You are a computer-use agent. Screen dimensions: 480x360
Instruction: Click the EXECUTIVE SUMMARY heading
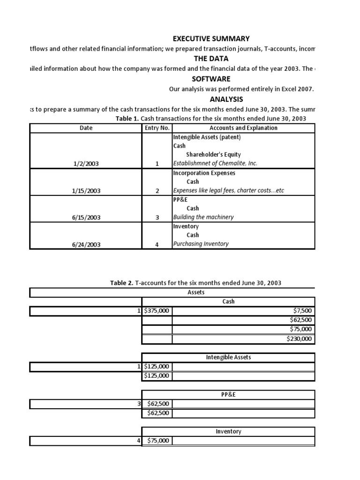pos(211,38)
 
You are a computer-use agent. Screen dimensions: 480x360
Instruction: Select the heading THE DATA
pos(211,59)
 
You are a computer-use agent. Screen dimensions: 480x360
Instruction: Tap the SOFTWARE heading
pos(211,79)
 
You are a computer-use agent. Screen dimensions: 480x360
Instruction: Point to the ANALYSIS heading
pos(211,99)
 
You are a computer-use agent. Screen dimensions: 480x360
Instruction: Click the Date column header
pos(86,128)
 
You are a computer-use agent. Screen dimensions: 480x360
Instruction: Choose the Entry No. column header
pos(157,128)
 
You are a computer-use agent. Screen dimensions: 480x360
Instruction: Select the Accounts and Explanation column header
pos(243,128)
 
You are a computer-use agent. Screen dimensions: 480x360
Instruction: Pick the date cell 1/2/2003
pos(86,164)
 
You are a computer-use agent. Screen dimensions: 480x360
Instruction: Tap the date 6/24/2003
pos(86,244)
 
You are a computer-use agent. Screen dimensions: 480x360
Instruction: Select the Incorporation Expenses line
pos(204,173)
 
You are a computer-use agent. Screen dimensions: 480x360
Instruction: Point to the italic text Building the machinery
pos(203,217)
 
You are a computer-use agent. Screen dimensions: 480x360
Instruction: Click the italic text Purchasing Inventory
pos(201,244)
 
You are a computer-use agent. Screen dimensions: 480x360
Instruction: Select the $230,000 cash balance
pos(300,339)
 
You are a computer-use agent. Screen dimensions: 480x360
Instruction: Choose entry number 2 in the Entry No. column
pos(157,191)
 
